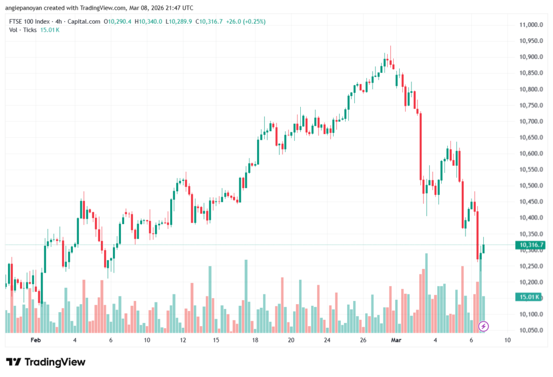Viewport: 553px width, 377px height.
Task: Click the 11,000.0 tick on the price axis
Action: point(530,25)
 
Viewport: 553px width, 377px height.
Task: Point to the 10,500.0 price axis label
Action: point(530,186)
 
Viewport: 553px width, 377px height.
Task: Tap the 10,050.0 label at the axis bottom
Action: point(530,331)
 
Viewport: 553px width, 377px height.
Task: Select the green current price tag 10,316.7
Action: point(530,245)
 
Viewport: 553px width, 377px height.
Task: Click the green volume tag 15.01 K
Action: point(530,297)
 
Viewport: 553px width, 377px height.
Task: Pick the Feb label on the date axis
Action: point(36,340)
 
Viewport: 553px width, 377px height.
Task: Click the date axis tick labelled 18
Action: point(255,340)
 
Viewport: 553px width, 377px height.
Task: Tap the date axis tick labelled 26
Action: point(363,340)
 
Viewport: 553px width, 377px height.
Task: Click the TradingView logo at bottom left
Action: point(46,362)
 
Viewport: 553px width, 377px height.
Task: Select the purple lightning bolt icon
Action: point(484,326)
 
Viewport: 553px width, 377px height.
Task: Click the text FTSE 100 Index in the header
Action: point(28,22)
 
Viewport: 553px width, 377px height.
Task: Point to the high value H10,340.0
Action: point(149,22)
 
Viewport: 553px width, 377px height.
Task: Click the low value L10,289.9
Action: point(179,22)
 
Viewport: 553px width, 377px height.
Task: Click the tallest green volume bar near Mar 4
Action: point(426,292)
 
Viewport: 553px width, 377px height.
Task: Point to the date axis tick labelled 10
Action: point(507,340)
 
